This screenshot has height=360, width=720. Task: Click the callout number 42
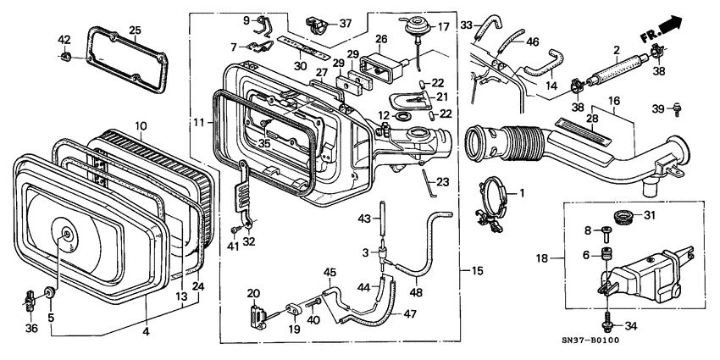click(x=64, y=40)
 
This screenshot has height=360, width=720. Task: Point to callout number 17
click(x=442, y=27)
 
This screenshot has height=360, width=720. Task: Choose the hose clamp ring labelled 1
click(x=496, y=197)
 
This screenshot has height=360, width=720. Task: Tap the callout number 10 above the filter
click(x=141, y=125)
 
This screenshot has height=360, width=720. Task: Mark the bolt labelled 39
click(x=677, y=108)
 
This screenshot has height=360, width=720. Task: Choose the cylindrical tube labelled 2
click(x=613, y=67)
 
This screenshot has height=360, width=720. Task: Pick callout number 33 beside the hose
click(x=466, y=25)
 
